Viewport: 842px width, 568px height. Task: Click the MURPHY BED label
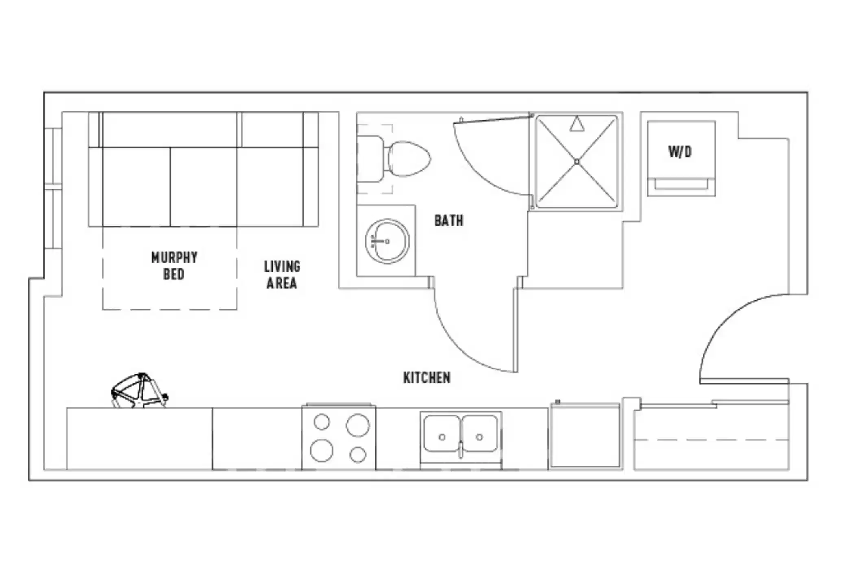click(x=174, y=266)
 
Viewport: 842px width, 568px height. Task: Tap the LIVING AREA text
click(x=282, y=275)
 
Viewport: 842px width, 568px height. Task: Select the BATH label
click(x=449, y=221)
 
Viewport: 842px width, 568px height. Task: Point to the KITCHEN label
click(x=427, y=378)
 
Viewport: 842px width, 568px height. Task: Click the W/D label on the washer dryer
click(x=680, y=152)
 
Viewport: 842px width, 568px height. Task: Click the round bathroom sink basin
click(x=387, y=241)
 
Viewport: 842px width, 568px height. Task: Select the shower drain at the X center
click(x=577, y=162)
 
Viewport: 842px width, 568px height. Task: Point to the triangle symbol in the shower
click(x=577, y=124)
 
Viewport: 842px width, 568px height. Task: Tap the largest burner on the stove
click(x=358, y=425)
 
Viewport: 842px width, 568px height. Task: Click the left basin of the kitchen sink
click(x=442, y=434)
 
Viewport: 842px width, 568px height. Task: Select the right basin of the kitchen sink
click(x=480, y=434)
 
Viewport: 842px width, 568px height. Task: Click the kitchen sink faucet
click(x=461, y=450)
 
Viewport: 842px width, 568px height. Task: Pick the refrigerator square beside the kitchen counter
click(x=585, y=436)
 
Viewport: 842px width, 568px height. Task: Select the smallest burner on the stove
click(x=321, y=422)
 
